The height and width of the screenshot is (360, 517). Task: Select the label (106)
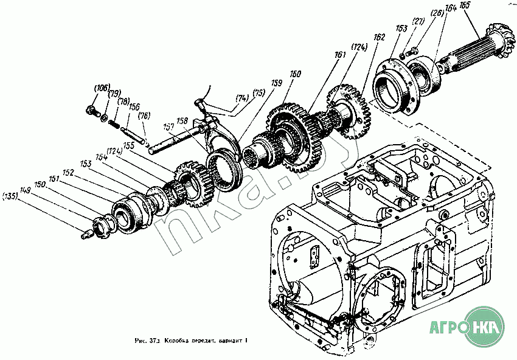[x=101, y=88]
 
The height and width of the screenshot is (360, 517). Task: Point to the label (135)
[x=10, y=196]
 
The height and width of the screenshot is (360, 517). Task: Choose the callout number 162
[x=380, y=37]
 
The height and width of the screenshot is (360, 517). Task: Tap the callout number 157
[x=169, y=128]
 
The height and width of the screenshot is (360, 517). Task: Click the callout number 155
[x=128, y=145]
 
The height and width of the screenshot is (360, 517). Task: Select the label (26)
[x=437, y=14]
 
